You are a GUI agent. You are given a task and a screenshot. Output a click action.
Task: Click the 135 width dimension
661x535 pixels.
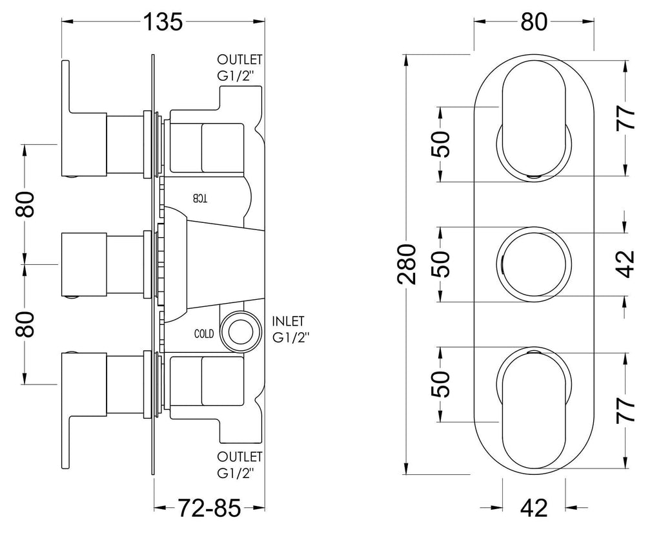pyautogui.click(x=163, y=21)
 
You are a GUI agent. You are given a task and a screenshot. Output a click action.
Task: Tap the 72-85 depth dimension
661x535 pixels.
pyautogui.click(x=210, y=507)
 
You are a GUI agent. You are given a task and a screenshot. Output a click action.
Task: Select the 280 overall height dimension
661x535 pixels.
pyautogui.click(x=407, y=264)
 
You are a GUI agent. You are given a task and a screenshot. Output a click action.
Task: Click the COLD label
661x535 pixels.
pyautogui.click(x=204, y=334)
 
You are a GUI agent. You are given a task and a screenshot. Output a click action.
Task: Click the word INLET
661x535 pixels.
pyautogui.click(x=289, y=322)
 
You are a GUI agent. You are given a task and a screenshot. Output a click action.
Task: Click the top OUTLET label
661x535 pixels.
pyautogui.click(x=239, y=59)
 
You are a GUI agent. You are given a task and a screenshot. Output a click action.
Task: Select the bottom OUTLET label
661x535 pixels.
pyautogui.click(x=239, y=457)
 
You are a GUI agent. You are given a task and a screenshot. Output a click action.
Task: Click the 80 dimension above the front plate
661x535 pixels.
pyautogui.click(x=534, y=21)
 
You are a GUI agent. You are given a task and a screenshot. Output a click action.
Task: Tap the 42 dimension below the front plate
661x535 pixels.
pyautogui.click(x=534, y=508)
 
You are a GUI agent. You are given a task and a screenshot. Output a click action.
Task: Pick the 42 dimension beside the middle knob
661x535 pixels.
pyautogui.click(x=625, y=264)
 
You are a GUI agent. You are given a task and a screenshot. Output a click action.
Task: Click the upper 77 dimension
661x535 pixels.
pyautogui.click(x=625, y=118)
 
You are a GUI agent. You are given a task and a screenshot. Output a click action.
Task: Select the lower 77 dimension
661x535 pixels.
pyautogui.click(x=625, y=410)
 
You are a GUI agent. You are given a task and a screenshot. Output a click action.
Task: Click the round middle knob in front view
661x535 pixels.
pyautogui.click(x=534, y=264)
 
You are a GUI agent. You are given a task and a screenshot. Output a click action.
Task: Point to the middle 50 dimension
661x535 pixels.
pyautogui.click(x=440, y=264)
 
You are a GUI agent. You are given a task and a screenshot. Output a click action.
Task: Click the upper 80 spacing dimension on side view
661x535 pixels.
pyautogui.click(x=26, y=204)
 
